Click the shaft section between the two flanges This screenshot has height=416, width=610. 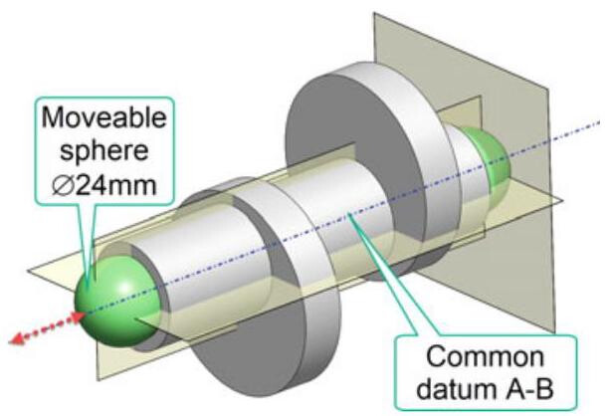click(328, 214)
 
